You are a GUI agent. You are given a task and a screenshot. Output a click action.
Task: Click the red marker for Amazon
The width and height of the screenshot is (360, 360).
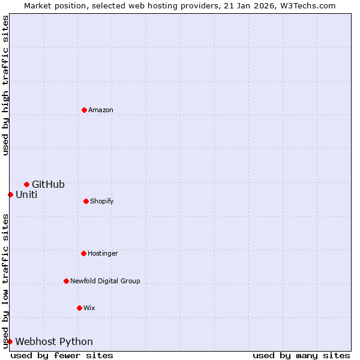[x=84, y=110]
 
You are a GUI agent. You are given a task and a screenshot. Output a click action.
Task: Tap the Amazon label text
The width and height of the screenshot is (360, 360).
[x=101, y=110]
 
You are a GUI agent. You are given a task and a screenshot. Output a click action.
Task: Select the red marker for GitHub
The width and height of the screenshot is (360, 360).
[x=26, y=184]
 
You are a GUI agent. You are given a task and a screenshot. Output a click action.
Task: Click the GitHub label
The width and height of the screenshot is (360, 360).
[x=48, y=185]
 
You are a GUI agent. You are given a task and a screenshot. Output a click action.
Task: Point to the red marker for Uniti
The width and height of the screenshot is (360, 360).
[x=10, y=194]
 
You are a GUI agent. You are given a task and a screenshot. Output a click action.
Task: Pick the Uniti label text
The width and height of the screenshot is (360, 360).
[x=26, y=195]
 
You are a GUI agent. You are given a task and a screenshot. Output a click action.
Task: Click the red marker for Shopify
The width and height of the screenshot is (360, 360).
[x=86, y=201]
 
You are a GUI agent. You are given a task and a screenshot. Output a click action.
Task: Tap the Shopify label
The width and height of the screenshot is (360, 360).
[x=102, y=202]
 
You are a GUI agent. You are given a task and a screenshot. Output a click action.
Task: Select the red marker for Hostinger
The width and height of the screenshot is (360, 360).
[x=83, y=253]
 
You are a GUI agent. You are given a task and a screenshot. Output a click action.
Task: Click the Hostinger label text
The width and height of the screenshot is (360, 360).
[x=103, y=254]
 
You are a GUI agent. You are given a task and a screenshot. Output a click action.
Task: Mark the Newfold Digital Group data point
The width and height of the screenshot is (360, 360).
[x=66, y=281]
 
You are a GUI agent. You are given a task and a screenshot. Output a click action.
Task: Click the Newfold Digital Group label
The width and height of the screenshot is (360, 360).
[x=105, y=281]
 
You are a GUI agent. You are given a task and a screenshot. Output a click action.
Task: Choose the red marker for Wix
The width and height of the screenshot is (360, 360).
[x=79, y=308]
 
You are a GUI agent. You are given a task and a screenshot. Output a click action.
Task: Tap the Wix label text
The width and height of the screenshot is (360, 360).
[x=89, y=308]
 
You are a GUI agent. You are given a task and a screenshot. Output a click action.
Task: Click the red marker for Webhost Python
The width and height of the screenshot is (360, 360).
[x=10, y=341]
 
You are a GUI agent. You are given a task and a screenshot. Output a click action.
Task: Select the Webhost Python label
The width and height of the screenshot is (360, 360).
[x=54, y=342]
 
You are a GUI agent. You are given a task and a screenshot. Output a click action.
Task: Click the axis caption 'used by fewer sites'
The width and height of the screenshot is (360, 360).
[x=62, y=356]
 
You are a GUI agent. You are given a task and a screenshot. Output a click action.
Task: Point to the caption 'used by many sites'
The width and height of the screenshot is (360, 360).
[x=301, y=356]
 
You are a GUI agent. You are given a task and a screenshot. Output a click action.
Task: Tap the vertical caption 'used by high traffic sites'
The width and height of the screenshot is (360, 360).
[x=5, y=85]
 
